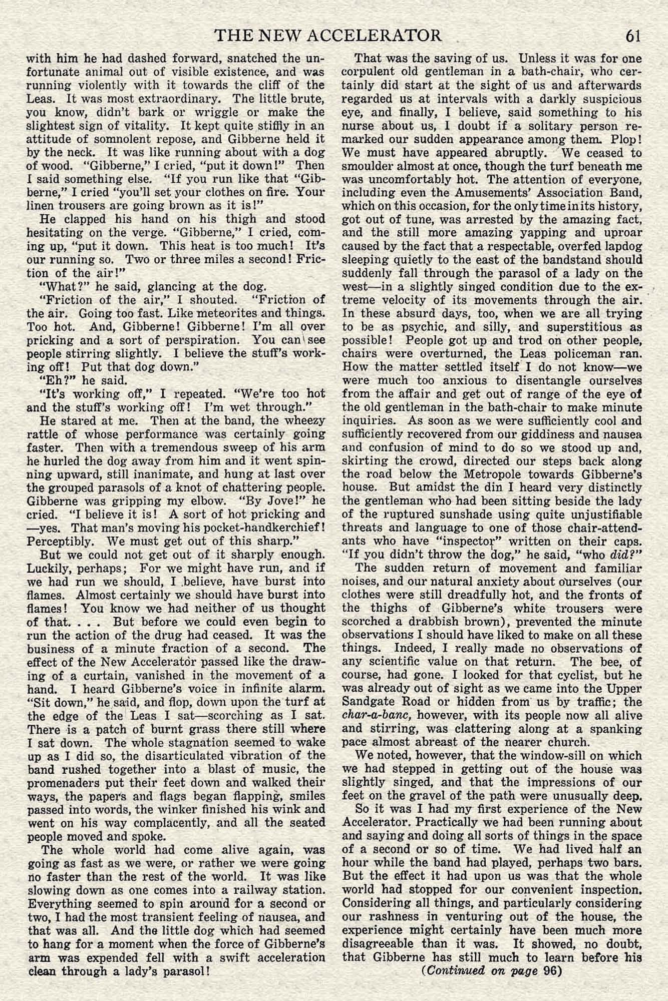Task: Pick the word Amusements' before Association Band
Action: point(460,192)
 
